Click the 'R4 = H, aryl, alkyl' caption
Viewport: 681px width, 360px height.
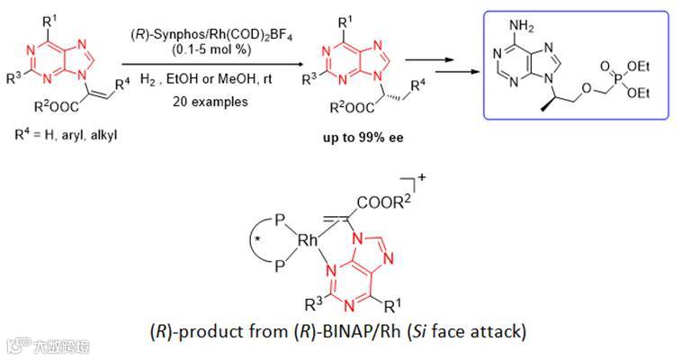67,136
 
